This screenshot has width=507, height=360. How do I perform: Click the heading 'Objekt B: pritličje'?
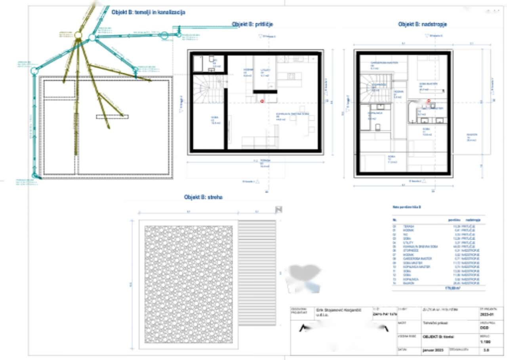[x=252, y=25]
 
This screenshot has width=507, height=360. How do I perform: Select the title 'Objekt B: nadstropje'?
[x=422, y=25]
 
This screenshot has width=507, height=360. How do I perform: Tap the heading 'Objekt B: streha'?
[x=203, y=197]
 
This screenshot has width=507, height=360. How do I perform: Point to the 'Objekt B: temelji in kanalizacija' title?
[x=148, y=12]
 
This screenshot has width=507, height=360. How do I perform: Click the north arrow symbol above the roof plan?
[x=278, y=210]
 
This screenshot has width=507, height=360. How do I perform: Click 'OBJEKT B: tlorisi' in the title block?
[x=437, y=337]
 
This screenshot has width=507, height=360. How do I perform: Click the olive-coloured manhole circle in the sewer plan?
[x=78, y=36]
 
